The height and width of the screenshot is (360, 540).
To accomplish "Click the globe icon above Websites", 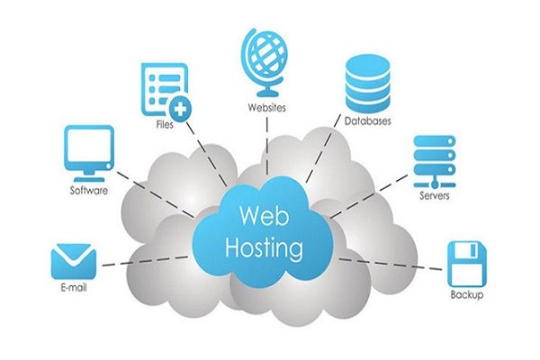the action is (264, 61).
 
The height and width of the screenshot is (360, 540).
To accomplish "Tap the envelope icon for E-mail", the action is (74, 262).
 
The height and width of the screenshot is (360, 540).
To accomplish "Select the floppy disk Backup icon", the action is (467, 265).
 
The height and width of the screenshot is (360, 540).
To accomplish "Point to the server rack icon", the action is (435, 161).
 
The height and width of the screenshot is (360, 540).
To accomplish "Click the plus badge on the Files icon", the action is (180, 109).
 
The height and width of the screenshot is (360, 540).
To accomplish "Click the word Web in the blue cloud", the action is (264, 216).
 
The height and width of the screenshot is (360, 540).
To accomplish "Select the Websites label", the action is (267, 107).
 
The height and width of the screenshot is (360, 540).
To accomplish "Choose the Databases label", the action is (368, 121).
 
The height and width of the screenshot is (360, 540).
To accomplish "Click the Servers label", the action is (435, 195).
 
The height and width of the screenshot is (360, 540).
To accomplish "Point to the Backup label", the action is (466, 295).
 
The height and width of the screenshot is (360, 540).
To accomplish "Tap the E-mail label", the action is (74, 287).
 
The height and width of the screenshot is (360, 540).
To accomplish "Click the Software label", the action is (89, 190).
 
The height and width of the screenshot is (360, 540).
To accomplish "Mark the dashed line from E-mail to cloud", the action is (146, 261).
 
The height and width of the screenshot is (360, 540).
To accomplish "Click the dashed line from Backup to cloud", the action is (391, 265).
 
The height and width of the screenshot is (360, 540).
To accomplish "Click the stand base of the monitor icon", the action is (89, 179).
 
